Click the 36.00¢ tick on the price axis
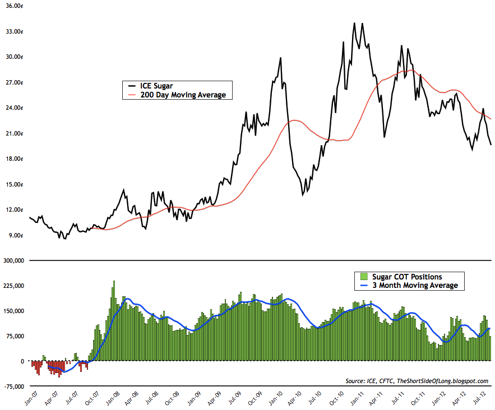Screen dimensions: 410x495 click(14, 6)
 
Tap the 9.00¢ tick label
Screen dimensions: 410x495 click(16, 235)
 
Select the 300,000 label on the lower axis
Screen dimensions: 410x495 click(12, 260)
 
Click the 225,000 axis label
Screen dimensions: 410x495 click(12, 286)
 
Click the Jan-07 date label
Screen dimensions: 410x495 click(29, 399)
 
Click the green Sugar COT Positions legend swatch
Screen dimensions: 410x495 click(363, 277)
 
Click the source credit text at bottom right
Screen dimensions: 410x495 click(417, 381)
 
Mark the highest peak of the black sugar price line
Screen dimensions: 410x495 click(354, 24)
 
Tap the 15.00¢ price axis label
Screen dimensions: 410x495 click(14, 184)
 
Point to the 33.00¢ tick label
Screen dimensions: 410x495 click(14, 31)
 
